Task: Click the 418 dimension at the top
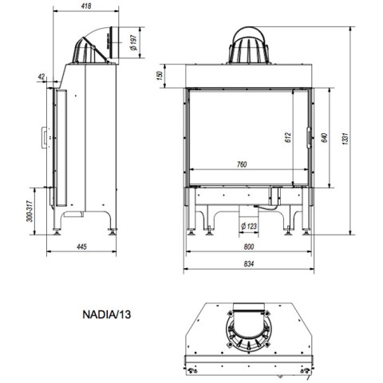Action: point(86,6)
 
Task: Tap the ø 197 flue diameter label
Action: point(133,42)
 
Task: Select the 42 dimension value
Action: point(41,77)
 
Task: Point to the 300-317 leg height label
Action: point(30,211)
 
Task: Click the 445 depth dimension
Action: point(81,247)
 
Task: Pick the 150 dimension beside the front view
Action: point(160,76)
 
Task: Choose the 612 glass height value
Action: point(288,137)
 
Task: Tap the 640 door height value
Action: point(324,137)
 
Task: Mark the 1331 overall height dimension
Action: point(345,138)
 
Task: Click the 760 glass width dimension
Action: point(242,164)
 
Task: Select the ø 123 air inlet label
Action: point(249,227)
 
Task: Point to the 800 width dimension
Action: point(249,247)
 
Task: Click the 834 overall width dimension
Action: point(249,263)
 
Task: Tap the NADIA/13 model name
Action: point(107,314)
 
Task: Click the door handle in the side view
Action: point(44,137)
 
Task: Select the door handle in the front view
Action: point(309,137)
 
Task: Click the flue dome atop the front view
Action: point(249,45)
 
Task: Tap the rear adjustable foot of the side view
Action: point(113,231)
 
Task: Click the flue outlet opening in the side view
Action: point(113,42)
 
